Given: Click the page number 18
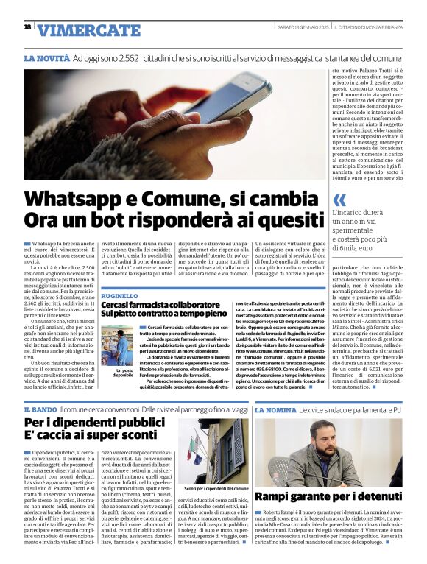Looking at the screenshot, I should tap(27, 27).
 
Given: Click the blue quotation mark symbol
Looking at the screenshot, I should tap(339, 200).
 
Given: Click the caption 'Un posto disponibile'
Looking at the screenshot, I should tap(123, 373).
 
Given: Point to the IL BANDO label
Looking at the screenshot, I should tap(40, 409).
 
